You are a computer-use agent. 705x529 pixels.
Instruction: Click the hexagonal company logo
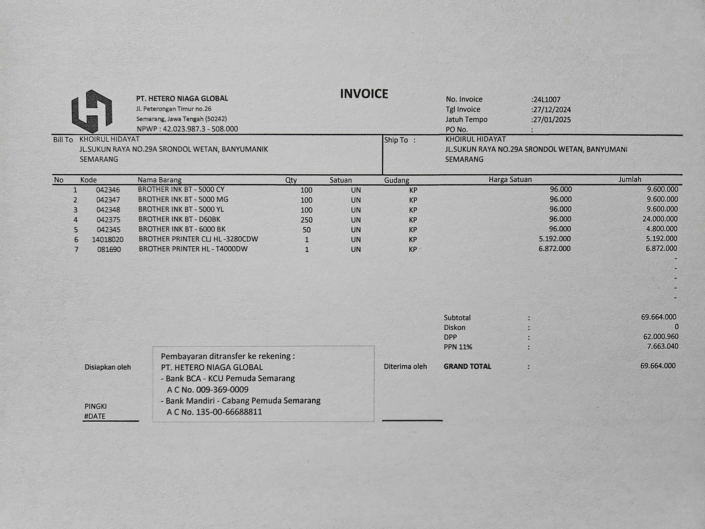point(92,111)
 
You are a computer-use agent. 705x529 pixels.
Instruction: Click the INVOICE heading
point(364,94)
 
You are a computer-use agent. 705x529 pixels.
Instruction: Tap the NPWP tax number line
point(187,129)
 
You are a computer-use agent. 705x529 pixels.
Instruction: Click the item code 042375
point(108,220)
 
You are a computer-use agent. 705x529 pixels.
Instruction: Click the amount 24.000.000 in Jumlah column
point(660,219)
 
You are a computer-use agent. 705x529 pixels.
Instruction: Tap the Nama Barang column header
point(159,180)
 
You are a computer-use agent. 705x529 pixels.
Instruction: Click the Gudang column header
point(397,180)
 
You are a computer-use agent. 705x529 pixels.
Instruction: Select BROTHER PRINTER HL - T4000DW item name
point(193,249)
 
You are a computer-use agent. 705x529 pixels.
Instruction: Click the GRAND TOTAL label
point(467,366)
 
